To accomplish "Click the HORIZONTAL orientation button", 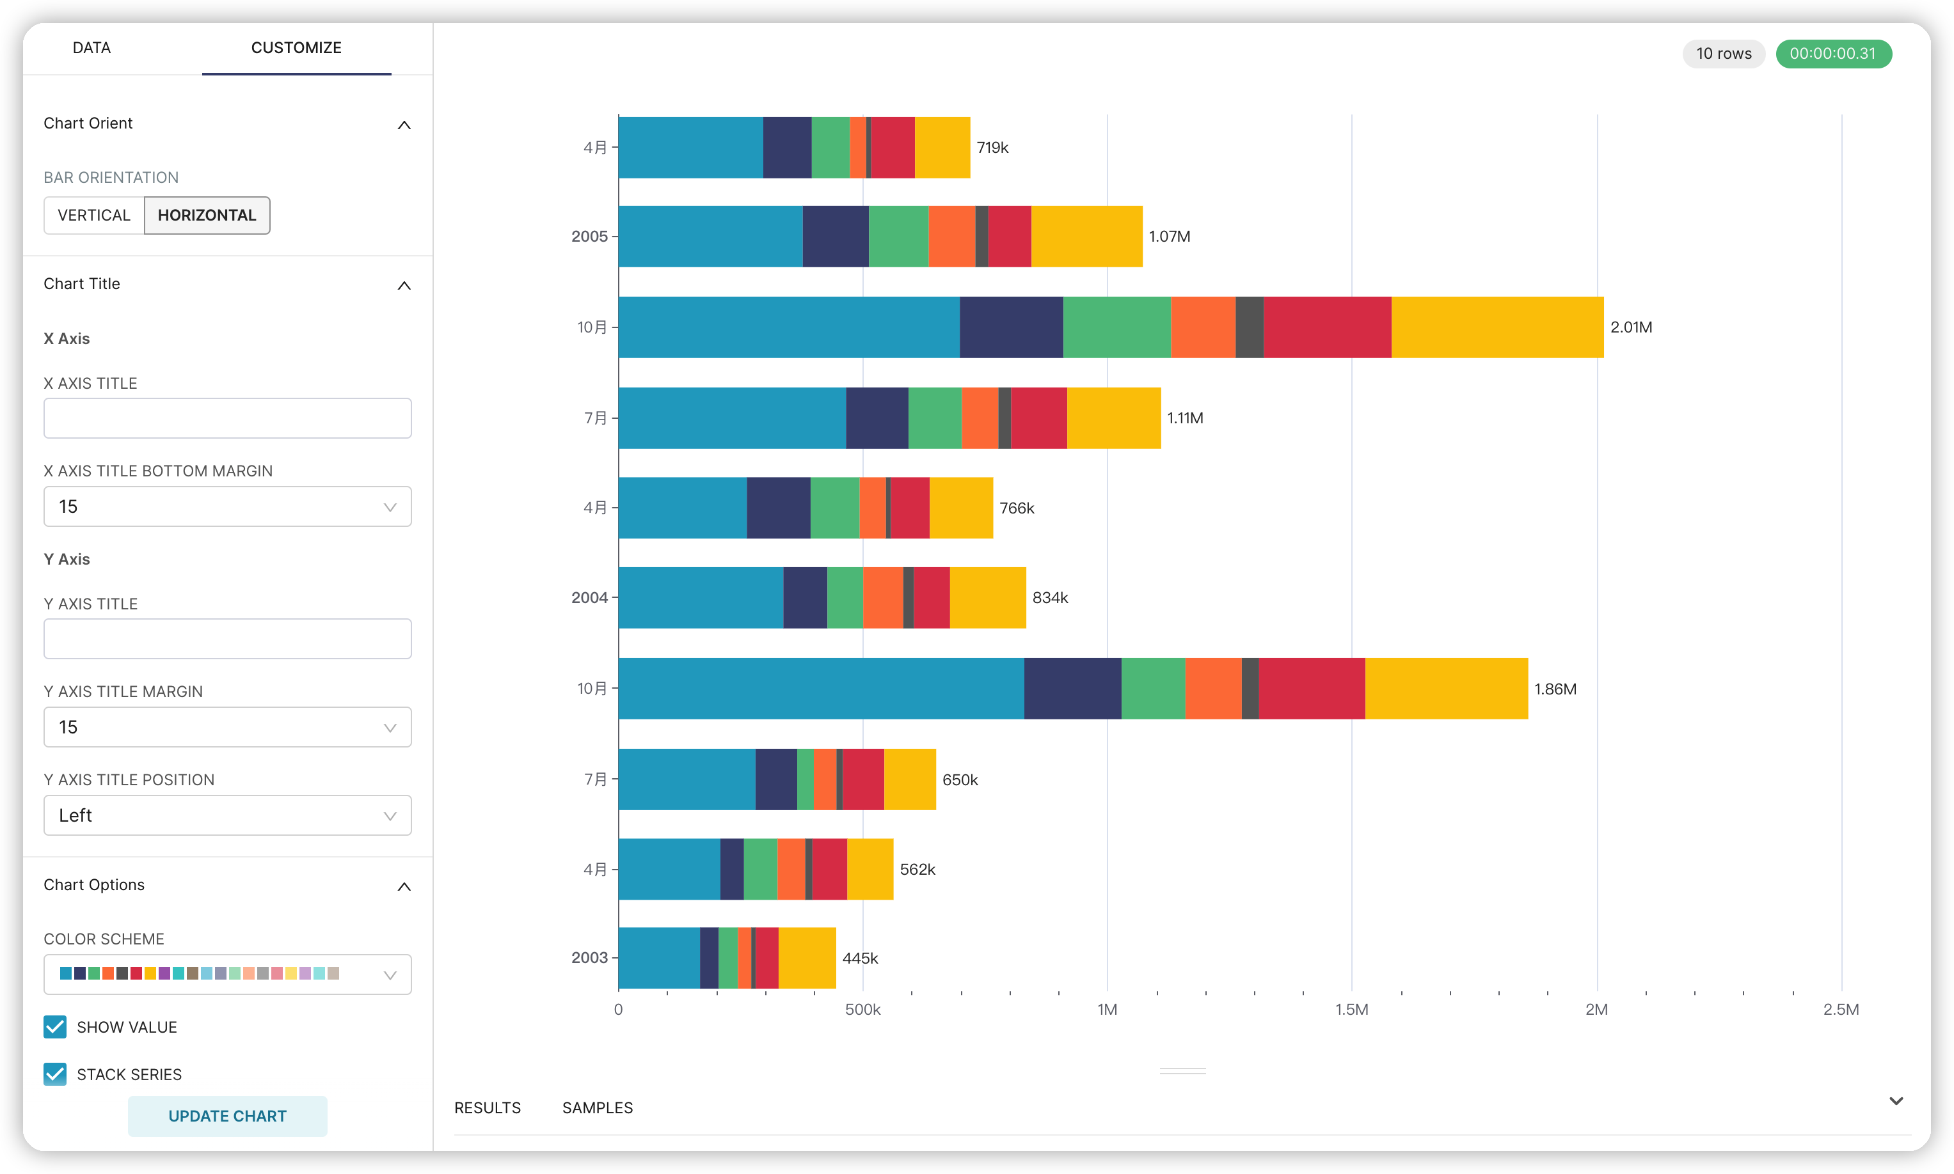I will (x=207, y=215).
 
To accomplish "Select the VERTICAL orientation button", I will (x=93, y=215).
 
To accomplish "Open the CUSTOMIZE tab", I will (x=296, y=47).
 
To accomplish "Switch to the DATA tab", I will (x=91, y=47).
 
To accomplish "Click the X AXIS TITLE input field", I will (x=227, y=418).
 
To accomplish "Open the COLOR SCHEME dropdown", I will (x=227, y=974).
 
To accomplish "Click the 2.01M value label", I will (x=1630, y=327).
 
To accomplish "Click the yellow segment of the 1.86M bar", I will (x=1446, y=688).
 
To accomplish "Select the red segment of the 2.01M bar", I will (x=1326, y=327).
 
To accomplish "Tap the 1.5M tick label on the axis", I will (x=1351, y=1010).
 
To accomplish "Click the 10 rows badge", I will (x=1723, y=54).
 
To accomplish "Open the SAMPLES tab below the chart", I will (x=597, y=1107).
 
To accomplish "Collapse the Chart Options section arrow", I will (x=404, y=886).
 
